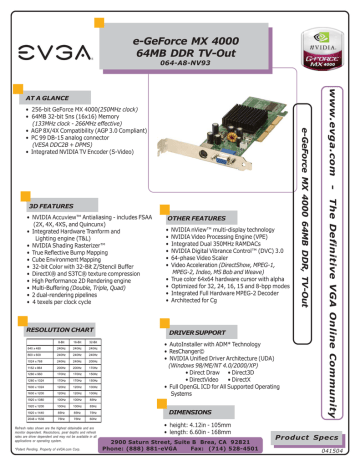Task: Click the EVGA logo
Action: [47, 41]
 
